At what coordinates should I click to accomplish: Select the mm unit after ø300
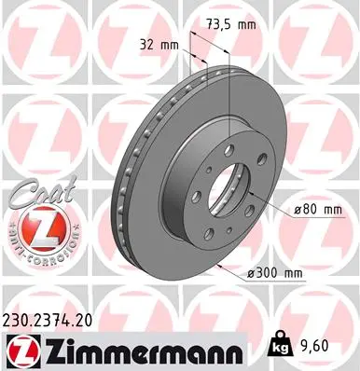(293, 272)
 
